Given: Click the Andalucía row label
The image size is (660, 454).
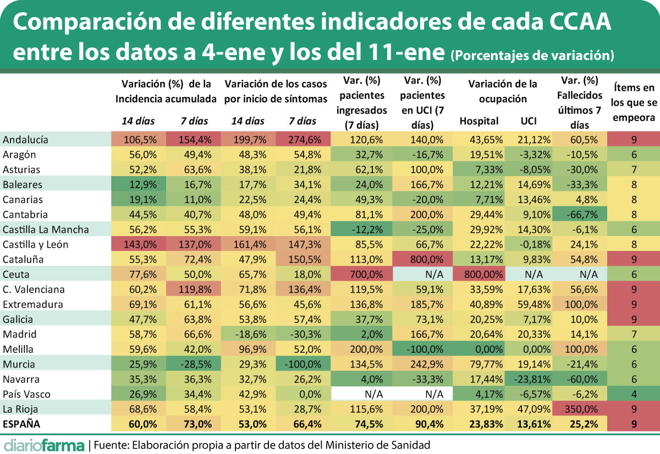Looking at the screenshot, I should (x=25, y=140).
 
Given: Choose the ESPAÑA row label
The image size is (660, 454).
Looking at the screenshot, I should (x=23, y=424).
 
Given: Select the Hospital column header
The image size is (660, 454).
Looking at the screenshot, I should (x=479, y=121).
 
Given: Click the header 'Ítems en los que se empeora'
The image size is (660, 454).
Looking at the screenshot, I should (x=634, y=102).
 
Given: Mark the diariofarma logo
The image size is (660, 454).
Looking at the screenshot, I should (x=44, y=444).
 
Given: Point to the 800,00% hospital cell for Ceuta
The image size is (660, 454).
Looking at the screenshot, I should (x=477, y=274).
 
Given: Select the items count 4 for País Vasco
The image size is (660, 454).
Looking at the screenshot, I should (x=634, y=394).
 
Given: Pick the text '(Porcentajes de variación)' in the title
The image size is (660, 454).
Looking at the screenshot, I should (x=532, y=55).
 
